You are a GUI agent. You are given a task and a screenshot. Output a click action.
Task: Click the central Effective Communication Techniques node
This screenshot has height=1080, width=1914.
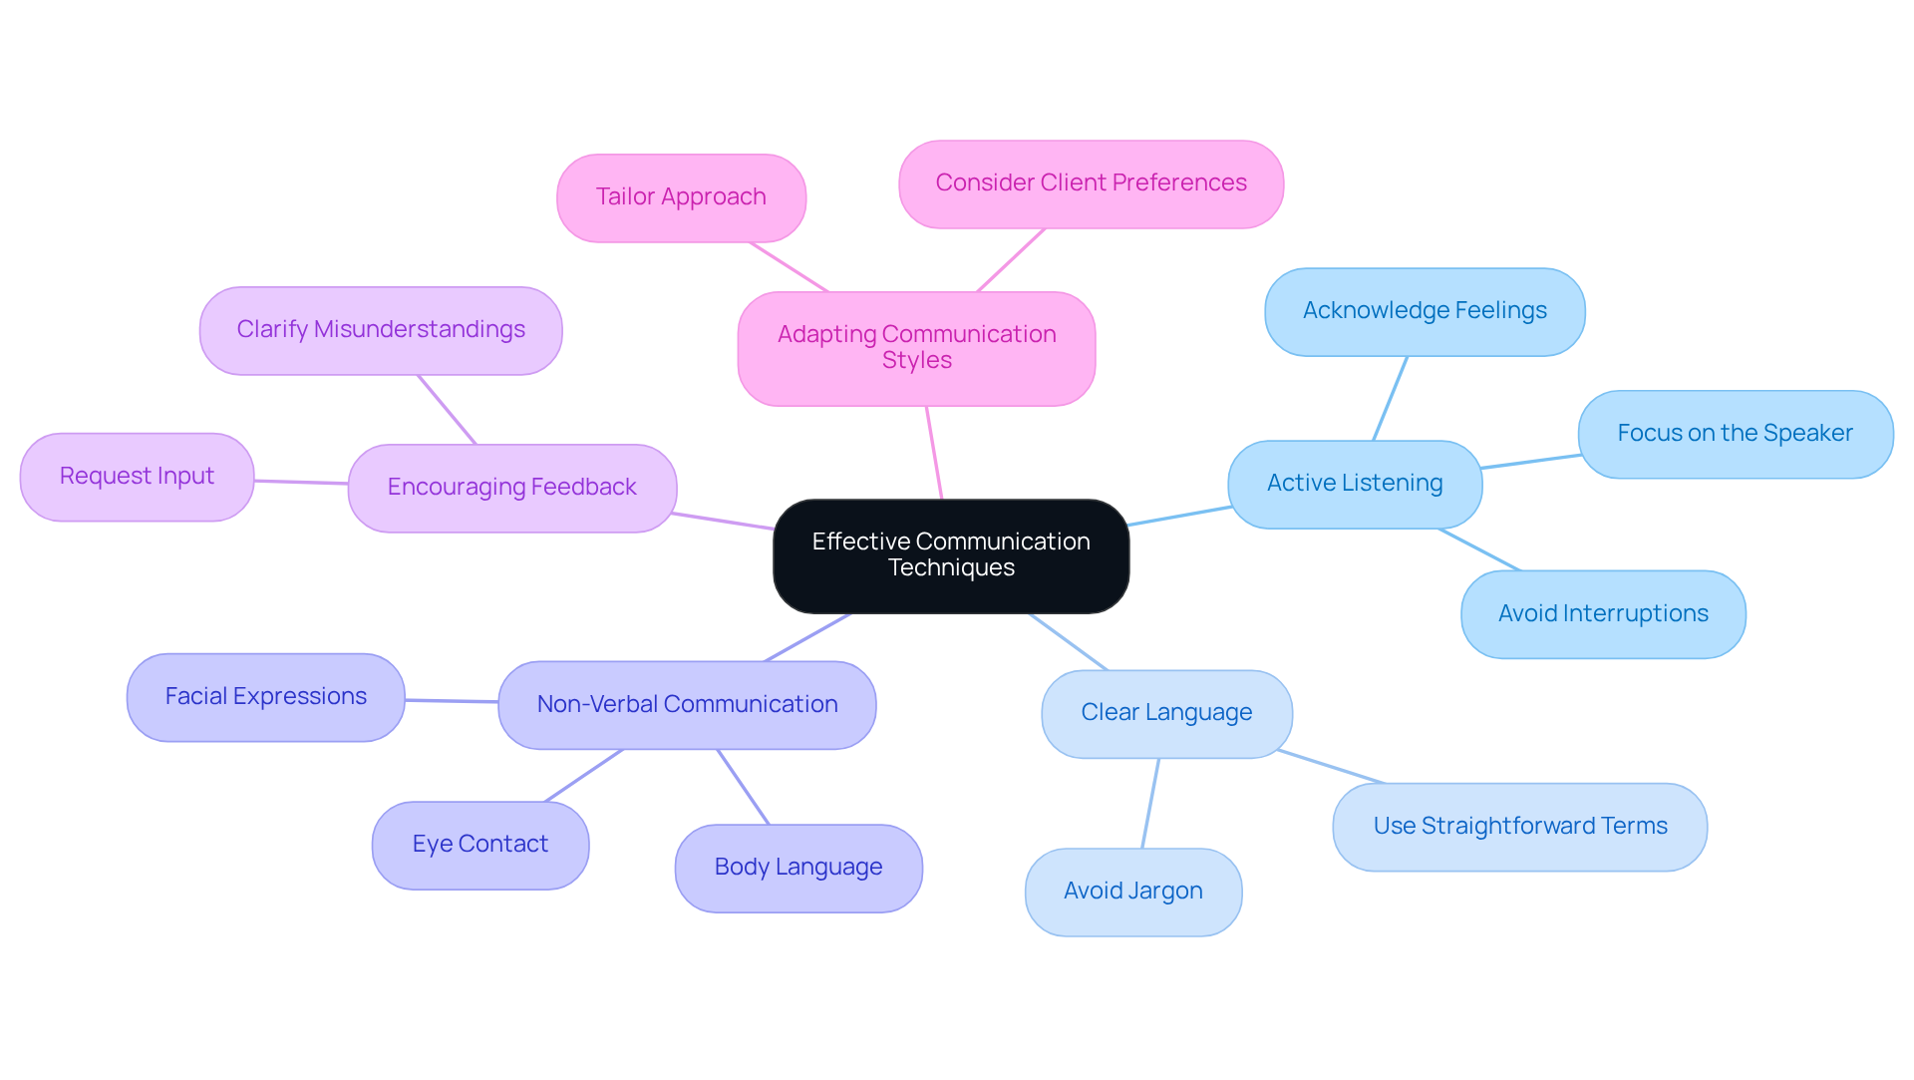tap(951, 555)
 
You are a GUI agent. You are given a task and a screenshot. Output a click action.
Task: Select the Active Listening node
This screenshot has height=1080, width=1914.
tap(1355, 484)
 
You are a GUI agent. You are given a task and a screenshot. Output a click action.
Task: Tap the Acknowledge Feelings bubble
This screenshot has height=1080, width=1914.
tap(1425, 311)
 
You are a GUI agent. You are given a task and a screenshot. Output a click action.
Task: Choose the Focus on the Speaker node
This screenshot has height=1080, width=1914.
tap(1735, 434)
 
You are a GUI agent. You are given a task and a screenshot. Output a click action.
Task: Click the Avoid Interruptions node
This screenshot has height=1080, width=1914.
tap(1603, 614)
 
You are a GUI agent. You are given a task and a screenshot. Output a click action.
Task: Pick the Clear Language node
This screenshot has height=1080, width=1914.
tap(1166, 713)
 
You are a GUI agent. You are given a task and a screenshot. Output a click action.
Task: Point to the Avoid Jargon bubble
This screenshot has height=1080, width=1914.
tap(1133, 892)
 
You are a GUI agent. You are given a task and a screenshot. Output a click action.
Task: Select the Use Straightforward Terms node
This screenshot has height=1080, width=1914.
tap(1519, 827)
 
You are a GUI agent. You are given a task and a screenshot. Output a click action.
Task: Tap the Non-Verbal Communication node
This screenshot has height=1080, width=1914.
tap(687, 705)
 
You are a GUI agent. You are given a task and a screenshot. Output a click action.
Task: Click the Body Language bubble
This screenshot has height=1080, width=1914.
tap(798, 868)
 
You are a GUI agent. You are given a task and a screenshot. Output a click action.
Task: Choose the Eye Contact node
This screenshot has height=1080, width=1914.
tap(480, 845)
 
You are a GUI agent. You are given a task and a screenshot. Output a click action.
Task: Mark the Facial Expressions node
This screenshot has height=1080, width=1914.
tap(265, 697)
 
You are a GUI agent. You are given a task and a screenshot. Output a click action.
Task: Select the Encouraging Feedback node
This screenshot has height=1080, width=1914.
tap(511, 488)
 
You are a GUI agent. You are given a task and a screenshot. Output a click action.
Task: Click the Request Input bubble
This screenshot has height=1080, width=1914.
tap(137, 477)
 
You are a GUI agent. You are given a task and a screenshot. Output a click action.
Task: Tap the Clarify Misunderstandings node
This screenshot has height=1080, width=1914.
tap(381, 330)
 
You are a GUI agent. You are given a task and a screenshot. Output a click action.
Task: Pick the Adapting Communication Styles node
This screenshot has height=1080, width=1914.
tap(916, 348)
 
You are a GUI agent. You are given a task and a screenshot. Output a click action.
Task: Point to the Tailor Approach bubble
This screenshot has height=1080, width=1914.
tap(681, 197)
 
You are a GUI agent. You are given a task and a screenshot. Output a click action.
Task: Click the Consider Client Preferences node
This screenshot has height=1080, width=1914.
tap(1091, 183)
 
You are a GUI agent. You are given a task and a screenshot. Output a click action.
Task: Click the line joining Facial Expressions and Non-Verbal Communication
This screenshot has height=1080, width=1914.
tap(452, 701)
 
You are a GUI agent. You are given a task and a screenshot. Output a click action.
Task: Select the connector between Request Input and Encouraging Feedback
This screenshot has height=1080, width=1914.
tap(301, 483)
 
